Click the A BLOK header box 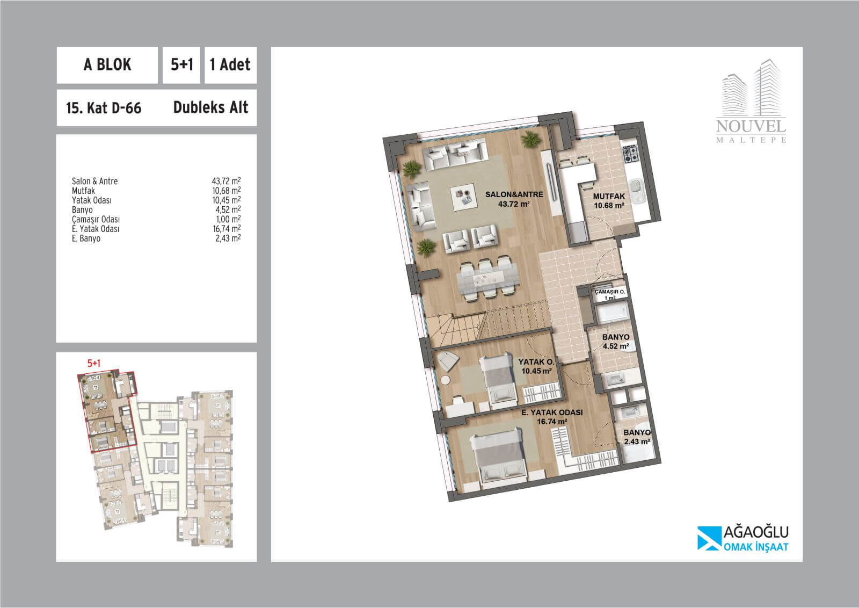point(107,65)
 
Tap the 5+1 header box point(181,65)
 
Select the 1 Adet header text point(230,64)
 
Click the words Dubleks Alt point(210,107)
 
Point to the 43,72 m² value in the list point(226,180)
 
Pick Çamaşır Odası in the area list point(96,219)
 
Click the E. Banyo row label point(86,238)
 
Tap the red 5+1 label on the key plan point(94,363)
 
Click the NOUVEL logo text point(751,127)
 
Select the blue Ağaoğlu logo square point(708,538)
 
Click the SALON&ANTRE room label point(514,199)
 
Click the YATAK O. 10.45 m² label point(536,366)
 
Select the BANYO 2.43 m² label point(637,437)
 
